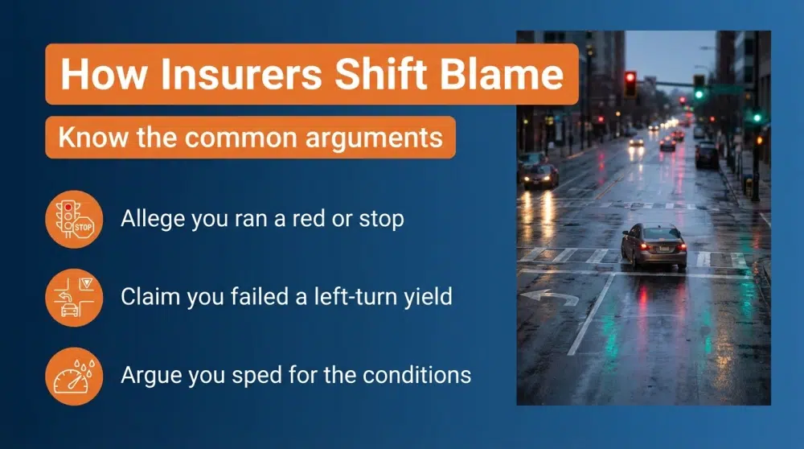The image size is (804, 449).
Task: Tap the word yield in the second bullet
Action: click(x=429, y=297)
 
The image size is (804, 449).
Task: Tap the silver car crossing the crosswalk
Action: click(x=653, y=245)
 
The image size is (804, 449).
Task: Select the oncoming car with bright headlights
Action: click(x=540, y=175)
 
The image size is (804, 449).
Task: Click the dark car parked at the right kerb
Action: click(x=708, y=154)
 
